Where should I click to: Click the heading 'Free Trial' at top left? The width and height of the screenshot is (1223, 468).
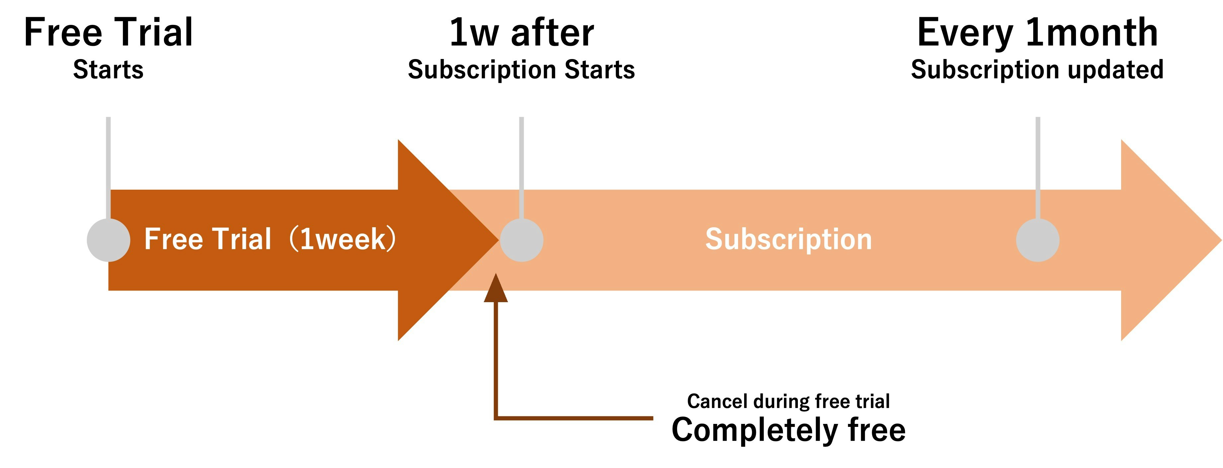pyautogui.click(x=108, y=32)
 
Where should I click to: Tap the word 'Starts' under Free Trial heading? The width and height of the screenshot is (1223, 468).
pyautogui.click(x=108, y=70)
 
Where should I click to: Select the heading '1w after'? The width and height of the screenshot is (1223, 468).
pyautogui.click(x=521, y=32)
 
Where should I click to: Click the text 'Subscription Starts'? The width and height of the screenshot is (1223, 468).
pyautogui.click(x=521, y=70)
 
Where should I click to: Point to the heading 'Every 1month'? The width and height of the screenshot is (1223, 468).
pyautogui.click(x=1037, y=32)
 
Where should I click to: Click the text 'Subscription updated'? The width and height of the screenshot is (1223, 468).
pyautogui.click(x=1037, y=70)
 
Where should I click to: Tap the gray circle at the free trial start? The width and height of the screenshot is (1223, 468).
pyautogui.click(x=108, y=240)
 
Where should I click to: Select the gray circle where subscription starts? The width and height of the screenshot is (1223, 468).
pyautogui.click(x=521, y=240)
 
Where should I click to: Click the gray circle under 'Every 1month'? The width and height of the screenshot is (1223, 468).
pyautogui.click(x=1037, y=240)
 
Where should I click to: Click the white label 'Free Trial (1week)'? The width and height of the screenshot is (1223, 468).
pyautogui.click(x=270, y=239)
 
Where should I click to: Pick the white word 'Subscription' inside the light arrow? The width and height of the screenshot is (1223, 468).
pyautogui.click(x=788, y=239)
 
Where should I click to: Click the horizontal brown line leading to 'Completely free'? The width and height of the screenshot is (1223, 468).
pyautogui.click(x=574, y=418)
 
